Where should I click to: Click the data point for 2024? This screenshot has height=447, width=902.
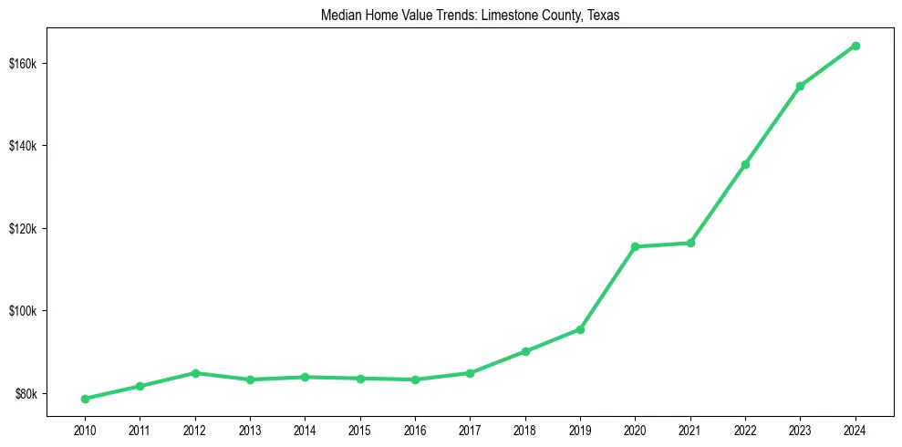tap(855, 46)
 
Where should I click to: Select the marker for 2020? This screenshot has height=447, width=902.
tap(635, 246)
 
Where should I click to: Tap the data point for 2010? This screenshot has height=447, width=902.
tap(85, 399)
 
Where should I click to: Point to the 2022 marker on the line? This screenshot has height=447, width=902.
tap(745, 164)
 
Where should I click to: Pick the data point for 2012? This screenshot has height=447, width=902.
tap(195, 373)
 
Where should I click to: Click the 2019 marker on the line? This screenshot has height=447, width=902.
tap(580, 329)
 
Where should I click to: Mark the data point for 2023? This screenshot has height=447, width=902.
tap(800, 86)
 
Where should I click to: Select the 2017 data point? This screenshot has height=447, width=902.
tap(470, 373)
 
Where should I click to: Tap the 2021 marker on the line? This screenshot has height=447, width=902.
tap(690, 243)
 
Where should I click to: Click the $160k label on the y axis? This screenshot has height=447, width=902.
tap(31, 64)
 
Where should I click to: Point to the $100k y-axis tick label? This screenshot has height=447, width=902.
tap(31, 311)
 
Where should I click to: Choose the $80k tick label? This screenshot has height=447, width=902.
tap(34, 394)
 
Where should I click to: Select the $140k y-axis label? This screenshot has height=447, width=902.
tap(31, 146)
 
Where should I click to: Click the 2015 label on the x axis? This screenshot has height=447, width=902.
tap(360, 429)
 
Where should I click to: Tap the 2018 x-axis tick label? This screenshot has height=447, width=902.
tap(525, 429)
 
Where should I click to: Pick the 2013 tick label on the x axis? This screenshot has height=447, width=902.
tap(250, 429)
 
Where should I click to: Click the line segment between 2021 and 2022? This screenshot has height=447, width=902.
tap(718, 203)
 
